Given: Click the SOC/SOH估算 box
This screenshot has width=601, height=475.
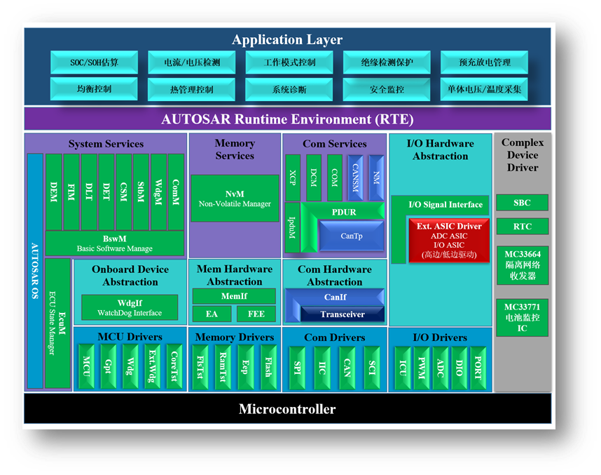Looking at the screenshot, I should tap(94, 62).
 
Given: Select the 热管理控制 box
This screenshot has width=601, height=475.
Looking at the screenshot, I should tap(191, 90).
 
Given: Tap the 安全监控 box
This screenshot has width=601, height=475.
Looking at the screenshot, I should tap(387, 90).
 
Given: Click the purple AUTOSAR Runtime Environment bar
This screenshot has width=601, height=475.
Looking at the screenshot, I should tap(287, 119).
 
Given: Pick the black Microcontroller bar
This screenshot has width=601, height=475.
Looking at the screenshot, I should tap(287, 409).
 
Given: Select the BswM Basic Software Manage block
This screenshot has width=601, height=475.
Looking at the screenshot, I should tap(115, 243).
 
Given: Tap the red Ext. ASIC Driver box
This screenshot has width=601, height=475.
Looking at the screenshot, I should tap(449, 241).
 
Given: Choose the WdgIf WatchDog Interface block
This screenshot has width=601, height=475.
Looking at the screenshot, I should tap(130, 307).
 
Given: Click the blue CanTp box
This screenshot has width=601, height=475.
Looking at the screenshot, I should tap(351, 236).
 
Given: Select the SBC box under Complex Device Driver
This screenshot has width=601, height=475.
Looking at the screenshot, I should tap(522, 203).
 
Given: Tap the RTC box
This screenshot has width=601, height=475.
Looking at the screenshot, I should tap(522, 227).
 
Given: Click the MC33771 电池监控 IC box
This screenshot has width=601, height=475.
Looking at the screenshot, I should tap(522, 317).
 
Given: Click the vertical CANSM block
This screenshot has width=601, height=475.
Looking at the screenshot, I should tap(356, 174).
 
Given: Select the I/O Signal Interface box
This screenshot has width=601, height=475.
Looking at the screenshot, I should tap(445, 205).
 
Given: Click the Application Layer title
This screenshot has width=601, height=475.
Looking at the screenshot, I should tap(287, 40).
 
